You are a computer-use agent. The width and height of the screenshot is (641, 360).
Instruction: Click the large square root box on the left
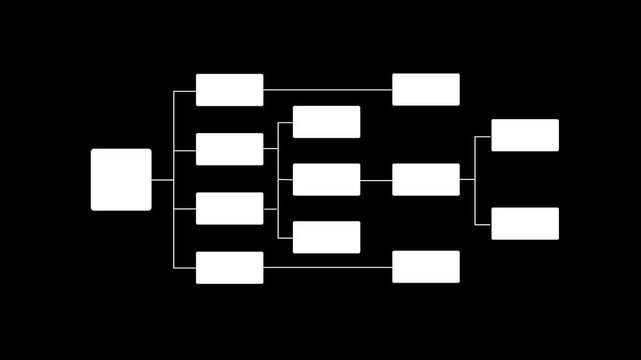121,180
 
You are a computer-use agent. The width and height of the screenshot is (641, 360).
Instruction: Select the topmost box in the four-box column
229,90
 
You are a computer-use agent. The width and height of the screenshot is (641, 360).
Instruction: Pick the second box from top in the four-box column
229,149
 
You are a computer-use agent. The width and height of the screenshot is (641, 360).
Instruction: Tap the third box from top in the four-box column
229,208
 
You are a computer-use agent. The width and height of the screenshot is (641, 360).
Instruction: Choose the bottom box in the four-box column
229,267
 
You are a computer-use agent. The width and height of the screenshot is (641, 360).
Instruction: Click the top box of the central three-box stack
326,122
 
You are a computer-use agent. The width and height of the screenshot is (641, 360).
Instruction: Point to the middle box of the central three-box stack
326,180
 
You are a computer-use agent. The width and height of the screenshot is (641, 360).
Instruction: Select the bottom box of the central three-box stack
326,237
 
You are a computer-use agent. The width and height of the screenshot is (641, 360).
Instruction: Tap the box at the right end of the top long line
426,90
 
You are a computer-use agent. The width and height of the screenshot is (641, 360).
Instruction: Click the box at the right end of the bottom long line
426,267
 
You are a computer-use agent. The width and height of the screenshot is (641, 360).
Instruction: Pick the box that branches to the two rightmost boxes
426,180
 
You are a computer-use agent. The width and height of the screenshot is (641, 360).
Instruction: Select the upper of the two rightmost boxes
525,135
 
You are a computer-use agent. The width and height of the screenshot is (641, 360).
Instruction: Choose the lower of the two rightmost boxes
525,224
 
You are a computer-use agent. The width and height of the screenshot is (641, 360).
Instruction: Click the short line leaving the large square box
162,180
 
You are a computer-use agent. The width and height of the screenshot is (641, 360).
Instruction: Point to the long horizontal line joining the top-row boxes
328,90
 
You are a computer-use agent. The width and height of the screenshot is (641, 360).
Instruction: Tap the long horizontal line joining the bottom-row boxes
328,267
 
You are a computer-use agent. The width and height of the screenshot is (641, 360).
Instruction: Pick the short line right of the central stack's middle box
376,180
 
